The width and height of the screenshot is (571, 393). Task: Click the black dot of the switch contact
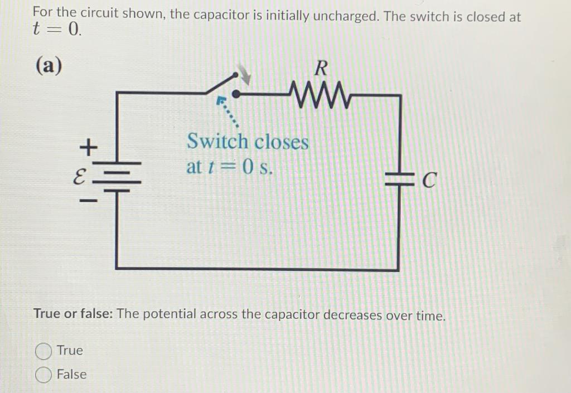point(236,93)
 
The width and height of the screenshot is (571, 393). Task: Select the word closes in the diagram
point(281,142)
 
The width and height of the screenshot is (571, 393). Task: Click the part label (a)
point(49,65)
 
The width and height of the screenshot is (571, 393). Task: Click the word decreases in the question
point(354,315)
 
